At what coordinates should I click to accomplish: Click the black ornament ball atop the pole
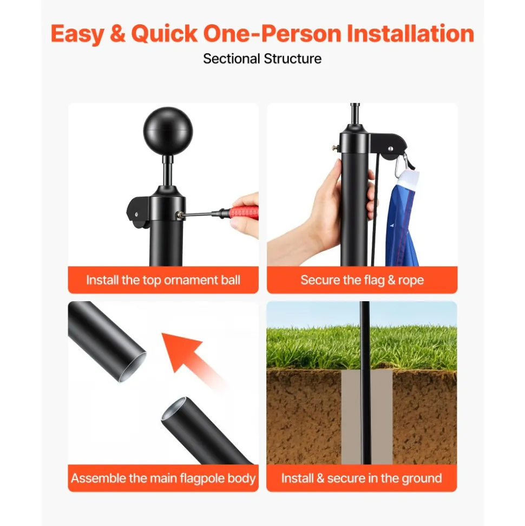point(168,132)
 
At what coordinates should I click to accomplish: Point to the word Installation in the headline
point(410,34)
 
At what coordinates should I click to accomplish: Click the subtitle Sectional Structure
point(262,59)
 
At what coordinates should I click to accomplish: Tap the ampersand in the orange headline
point(117,34)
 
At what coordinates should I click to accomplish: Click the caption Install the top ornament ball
point(163,280)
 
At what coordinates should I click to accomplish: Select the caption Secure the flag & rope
point(362,280)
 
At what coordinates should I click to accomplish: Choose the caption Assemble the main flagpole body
point(163,478)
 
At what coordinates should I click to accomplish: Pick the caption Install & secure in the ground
point(362,478)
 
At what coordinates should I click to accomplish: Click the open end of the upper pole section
point(133,367)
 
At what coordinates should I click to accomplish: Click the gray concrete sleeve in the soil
point(367,417)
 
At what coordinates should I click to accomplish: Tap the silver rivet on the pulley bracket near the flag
point(390,149)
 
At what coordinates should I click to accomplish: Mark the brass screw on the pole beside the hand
point(336,147)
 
